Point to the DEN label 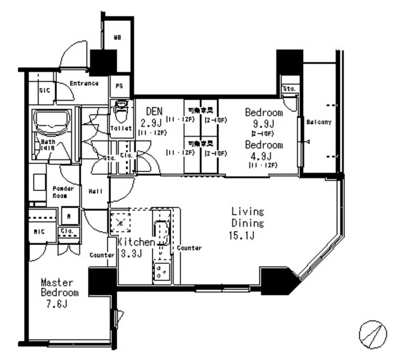(154, 111)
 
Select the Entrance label (84, 84)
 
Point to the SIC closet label (44, 91)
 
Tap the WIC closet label (39, 232)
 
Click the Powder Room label (63, 191)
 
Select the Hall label (96, 191)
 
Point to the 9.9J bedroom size (264, 123)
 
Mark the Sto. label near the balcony (290, 88)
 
